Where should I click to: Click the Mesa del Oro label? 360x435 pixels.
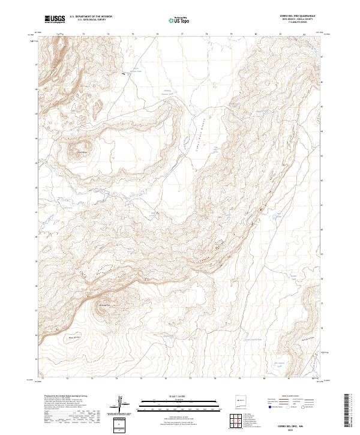coord(73,338)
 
